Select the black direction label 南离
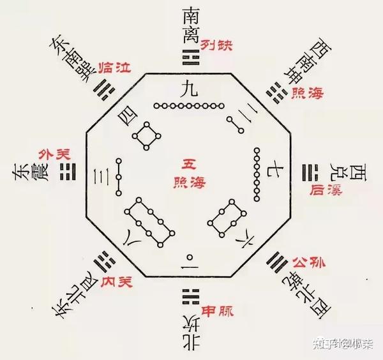[x=191, y=26]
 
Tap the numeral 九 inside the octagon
[x=191, y=92]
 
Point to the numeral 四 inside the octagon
[x=126, y=117]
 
